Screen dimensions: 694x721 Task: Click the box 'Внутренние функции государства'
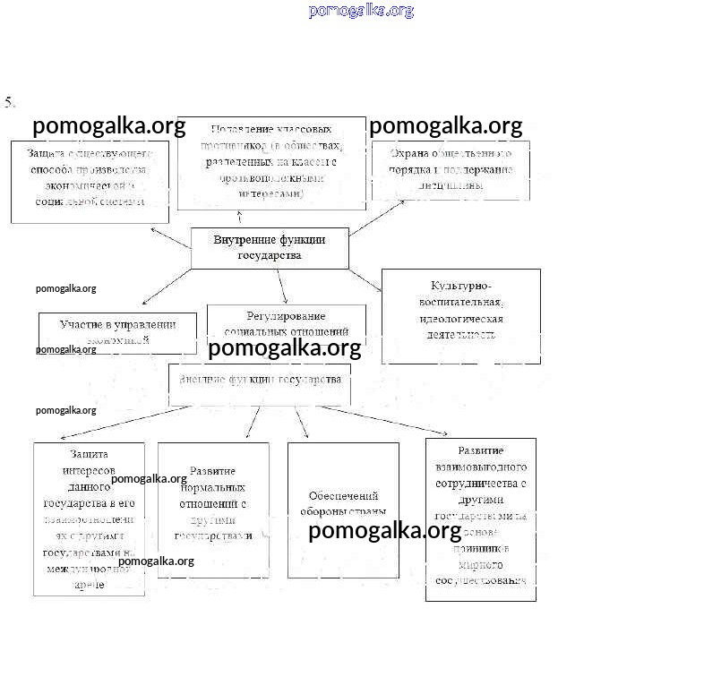point(270,248)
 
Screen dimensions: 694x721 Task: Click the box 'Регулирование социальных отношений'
point(286,323)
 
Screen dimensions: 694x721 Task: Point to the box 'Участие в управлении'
point(117,331)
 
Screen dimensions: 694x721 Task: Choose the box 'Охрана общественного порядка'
point(451,169)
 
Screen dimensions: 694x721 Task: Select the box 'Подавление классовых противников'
point(271,162)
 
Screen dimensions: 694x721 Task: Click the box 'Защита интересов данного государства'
point(89,518)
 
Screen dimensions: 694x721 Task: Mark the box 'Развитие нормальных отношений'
point(213,510)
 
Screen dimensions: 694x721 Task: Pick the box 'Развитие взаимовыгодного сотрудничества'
point(480,519)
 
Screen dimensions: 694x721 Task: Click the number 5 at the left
point(10,102)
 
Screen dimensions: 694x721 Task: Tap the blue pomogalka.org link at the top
point(361,11)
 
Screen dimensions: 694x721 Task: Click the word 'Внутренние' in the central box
point(245,240)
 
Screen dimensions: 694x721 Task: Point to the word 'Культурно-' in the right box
point(460,286)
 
